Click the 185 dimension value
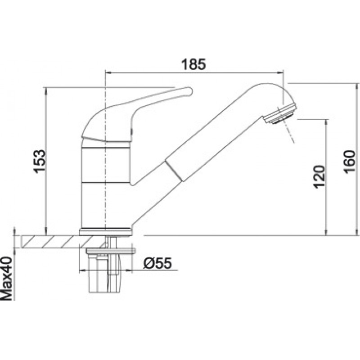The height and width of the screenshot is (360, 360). (193, 64)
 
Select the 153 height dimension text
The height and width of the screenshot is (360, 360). (39, 161)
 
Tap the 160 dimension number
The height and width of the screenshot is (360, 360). (349, 162)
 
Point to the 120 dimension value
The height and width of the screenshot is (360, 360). (319, 176)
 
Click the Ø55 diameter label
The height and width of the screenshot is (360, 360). (157, 263)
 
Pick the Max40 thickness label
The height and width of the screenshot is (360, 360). (6, 279)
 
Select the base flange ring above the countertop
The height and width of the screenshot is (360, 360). (106, 231)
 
